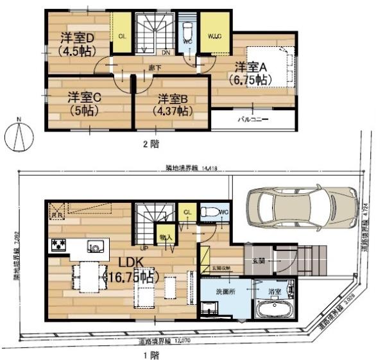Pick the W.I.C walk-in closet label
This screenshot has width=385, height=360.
[214, 36]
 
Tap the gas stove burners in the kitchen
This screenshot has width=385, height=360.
[58, 245]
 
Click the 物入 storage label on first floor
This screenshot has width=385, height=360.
[164, 237]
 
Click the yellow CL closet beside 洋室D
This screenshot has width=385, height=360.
[121, 36]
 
